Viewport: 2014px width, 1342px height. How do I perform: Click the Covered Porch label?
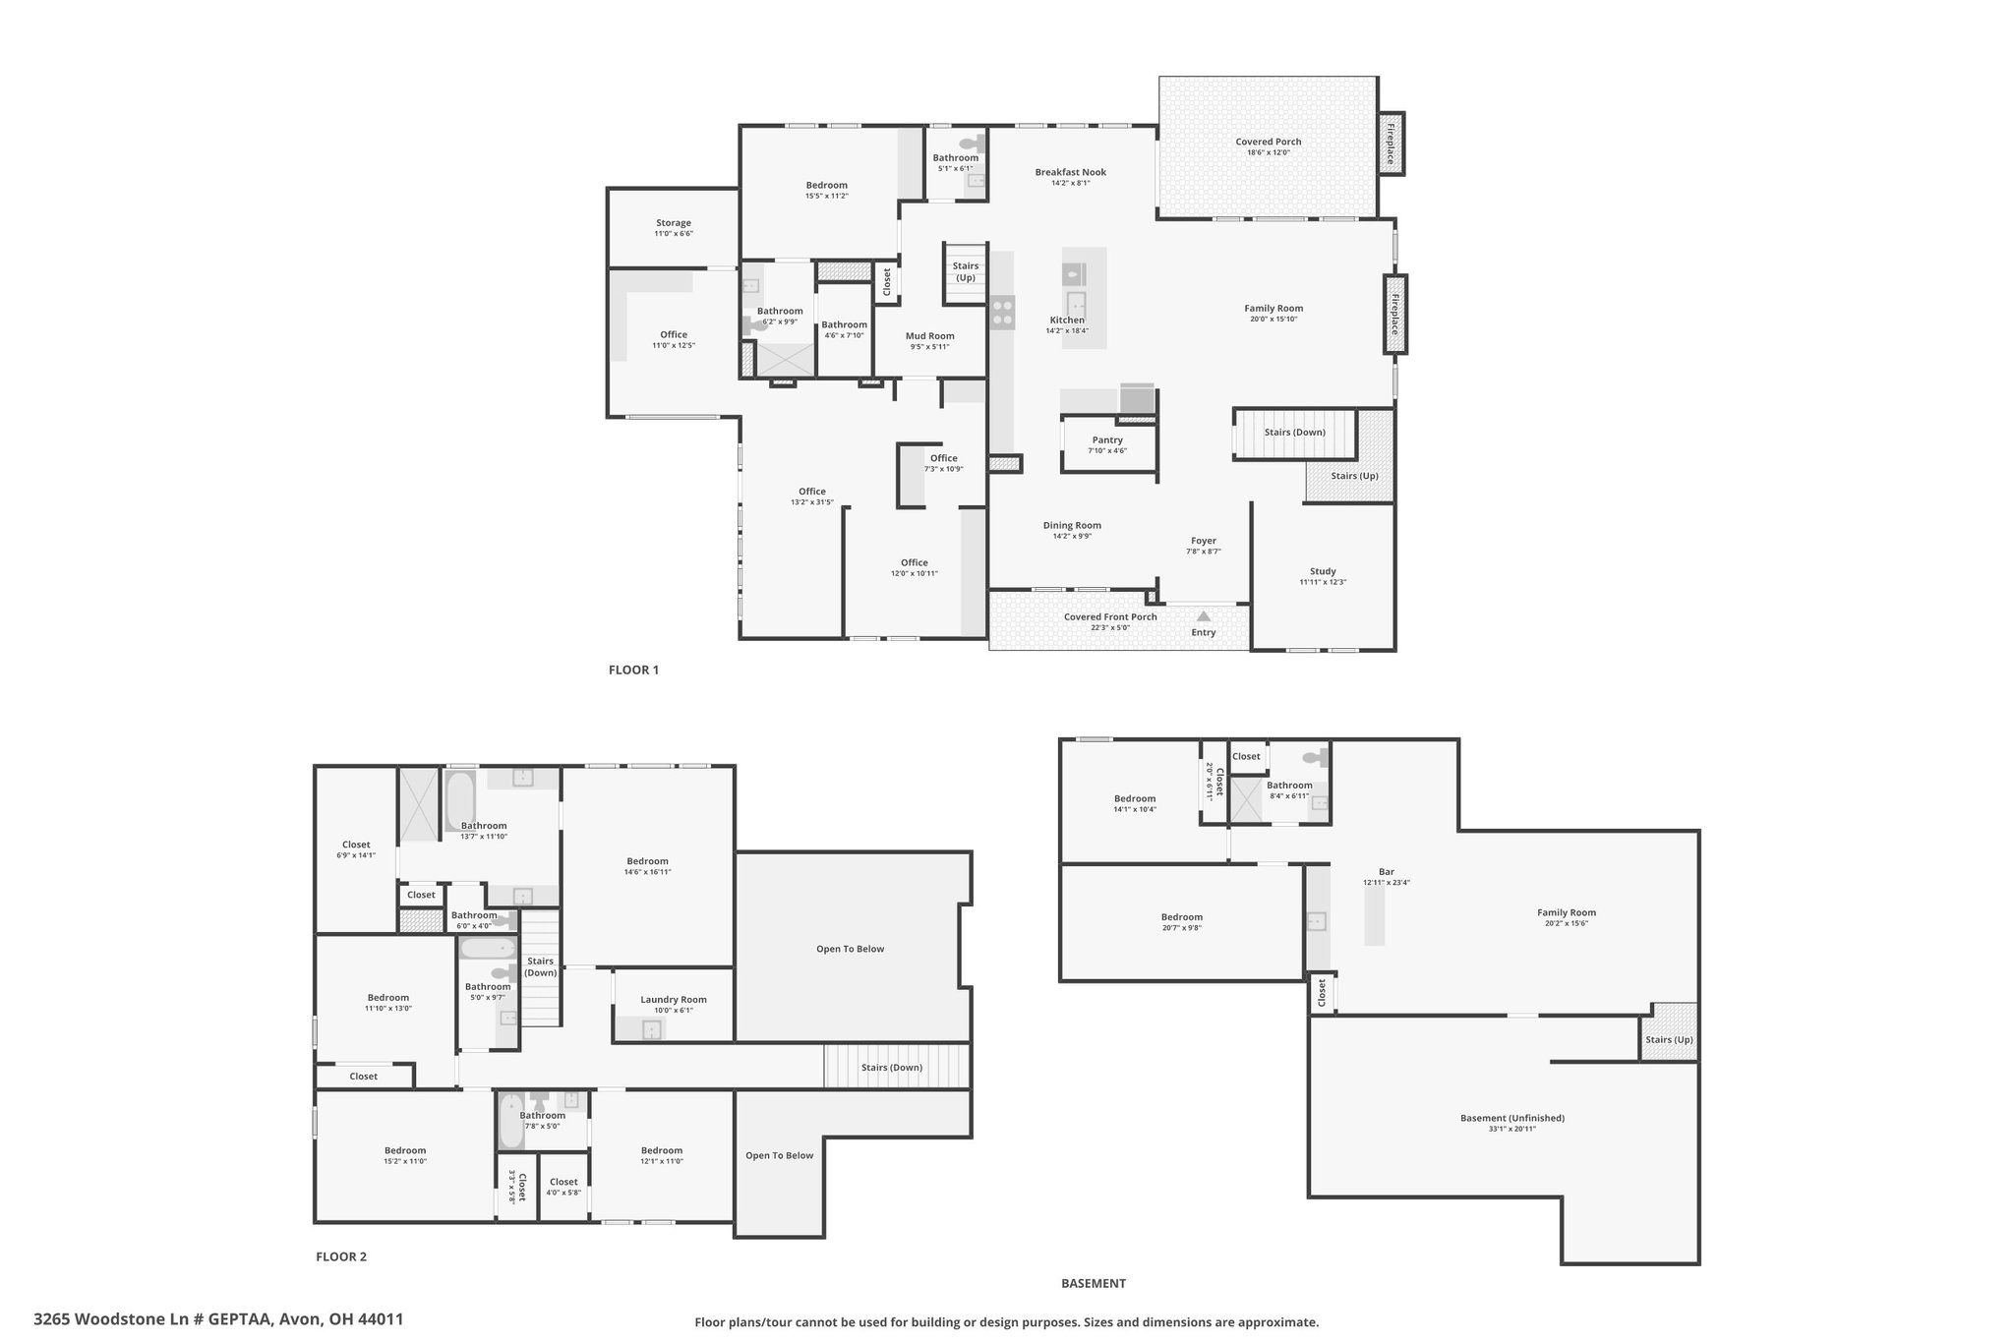(x=1269, y=142)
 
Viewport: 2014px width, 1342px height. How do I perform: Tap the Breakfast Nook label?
(x=1070, y=172)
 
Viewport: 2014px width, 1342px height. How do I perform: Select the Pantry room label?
(x=1107, y=440)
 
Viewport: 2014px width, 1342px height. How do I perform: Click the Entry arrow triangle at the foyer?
(x=1204, y=616)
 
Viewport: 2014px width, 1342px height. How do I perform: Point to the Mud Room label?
(x=929, y=336)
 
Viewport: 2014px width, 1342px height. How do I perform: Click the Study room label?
(x=1323, y=571)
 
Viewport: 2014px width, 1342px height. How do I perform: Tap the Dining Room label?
(x=1072, y=526)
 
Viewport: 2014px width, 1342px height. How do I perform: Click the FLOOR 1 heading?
(x=633, y=671)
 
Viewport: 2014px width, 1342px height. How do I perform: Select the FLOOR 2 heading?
(x=341, y=1256)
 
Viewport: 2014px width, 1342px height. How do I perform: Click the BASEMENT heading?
(x=1094, y=1283)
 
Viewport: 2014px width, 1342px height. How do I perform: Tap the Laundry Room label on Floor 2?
(x=674, y=1000)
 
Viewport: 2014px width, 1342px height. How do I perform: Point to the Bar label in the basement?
(x=1387, y=872)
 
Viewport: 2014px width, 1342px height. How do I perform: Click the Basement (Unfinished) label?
(x=1512, y=1118)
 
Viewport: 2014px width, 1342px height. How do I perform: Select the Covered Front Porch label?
(x=1110, y=617)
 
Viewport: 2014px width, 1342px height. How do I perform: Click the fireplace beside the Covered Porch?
(x=1392, y=144)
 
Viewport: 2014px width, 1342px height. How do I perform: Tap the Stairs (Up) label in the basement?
(x=1669, y=1040)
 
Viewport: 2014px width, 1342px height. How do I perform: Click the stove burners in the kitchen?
(x=1002, y=313)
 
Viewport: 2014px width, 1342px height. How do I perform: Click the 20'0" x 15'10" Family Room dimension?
(x=1274, y=320)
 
